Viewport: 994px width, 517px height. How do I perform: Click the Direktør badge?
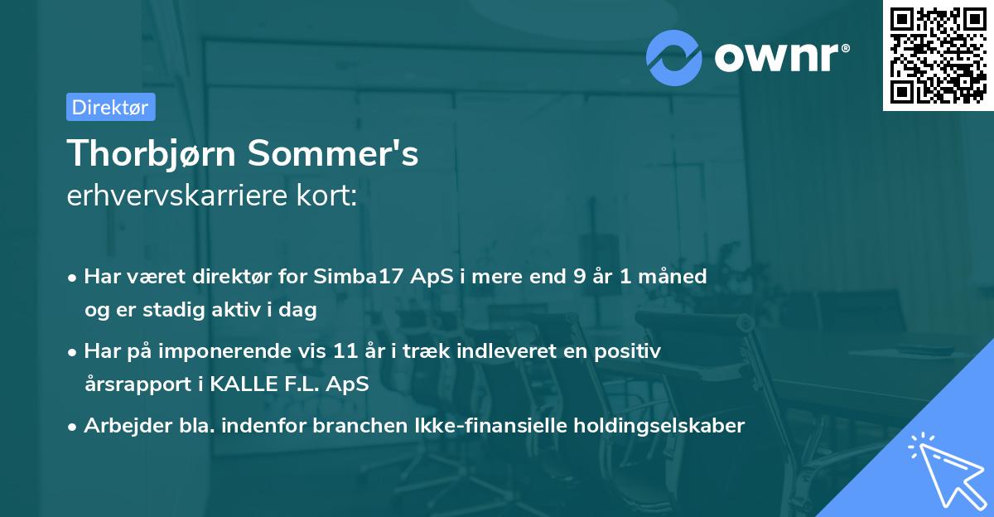tap(110, 107)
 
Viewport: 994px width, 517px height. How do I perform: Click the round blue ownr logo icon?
tap(674, 57)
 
